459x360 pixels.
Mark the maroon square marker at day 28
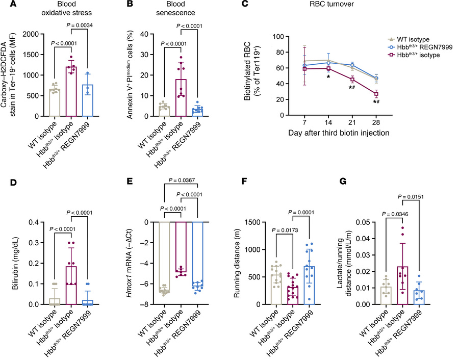pyautogui.click(x=376, y=94)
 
